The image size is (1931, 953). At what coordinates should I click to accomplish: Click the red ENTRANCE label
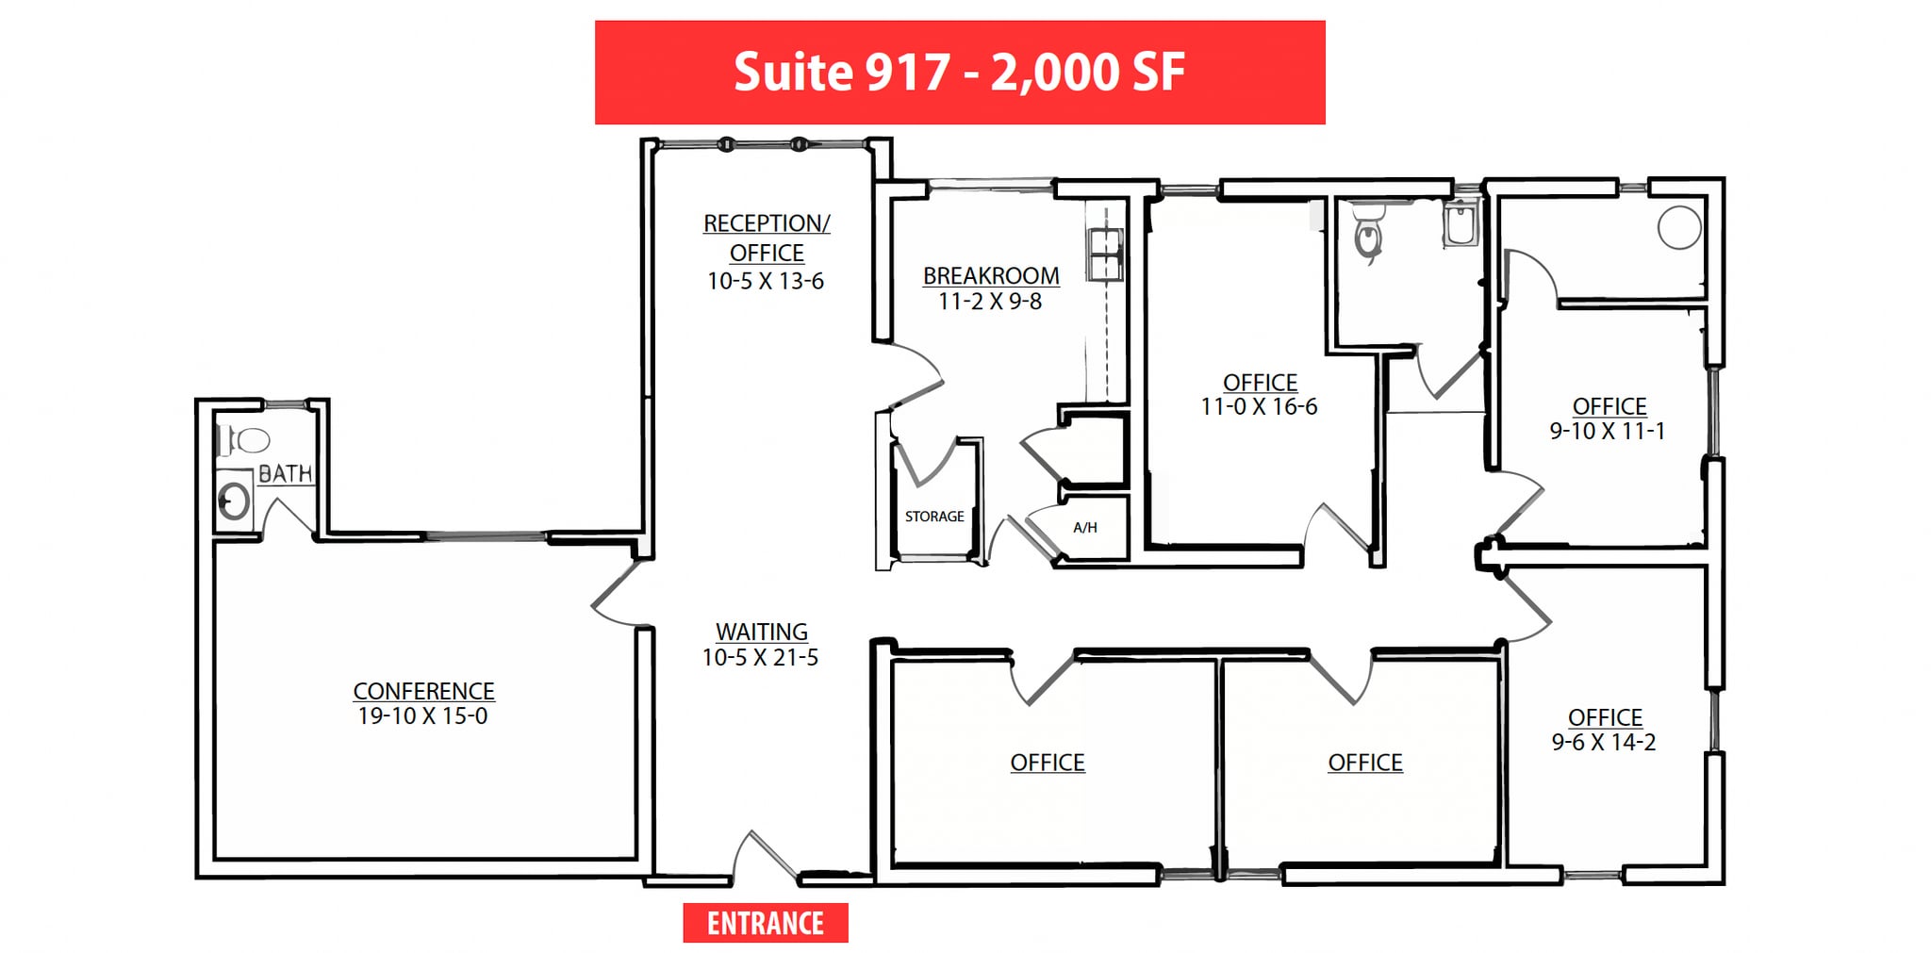click(x=766, y=923)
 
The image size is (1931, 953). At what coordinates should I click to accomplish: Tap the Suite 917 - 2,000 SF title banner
click(x=960, y=73)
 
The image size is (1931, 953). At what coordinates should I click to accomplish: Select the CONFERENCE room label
click(x=423, y=691)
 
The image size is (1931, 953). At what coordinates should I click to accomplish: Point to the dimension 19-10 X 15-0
click(x=423, y=716)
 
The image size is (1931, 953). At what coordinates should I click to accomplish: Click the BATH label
click(x=285, y=473)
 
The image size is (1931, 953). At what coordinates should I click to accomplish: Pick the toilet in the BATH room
click(x=244, y=440)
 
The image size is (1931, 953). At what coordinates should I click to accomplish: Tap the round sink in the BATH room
click(x=234, y=501)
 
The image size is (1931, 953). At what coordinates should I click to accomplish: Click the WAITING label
click(x=762, y=632)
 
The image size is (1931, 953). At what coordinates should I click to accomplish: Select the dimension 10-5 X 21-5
click(x=760, y=657)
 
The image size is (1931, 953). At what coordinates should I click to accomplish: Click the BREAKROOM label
click(x=991, y=276)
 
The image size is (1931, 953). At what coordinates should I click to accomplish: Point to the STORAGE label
click(x=934, y=517)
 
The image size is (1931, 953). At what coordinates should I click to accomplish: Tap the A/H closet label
click(x=1085, y=528)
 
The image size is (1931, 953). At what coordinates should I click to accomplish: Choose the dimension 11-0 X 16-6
click(x=1259, y=407)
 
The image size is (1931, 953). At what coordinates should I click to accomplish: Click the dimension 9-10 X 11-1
click(x=1608, y=431)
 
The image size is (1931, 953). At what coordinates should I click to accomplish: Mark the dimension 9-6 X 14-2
click(x=1604, y=742)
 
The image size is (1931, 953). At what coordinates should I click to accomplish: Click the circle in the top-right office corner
click(x=1679, y=228)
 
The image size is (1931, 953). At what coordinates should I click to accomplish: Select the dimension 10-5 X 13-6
click(x=766, y=281)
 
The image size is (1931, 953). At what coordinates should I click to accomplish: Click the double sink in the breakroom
click(x=1104, y=255)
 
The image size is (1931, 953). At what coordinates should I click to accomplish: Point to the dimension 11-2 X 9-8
click(x=990, y=302)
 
